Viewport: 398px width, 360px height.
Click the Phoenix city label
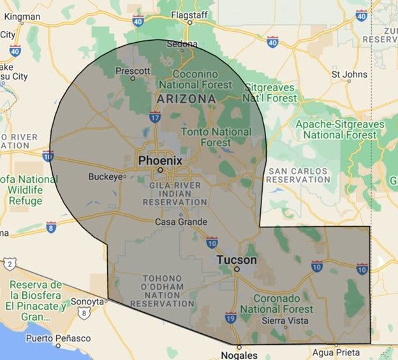pos(160,160)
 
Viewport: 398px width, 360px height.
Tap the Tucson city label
pos(237,260)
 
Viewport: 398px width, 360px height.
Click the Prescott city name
pos(133,70)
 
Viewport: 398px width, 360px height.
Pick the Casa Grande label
pos(181,222)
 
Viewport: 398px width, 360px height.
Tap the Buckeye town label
pos(104,176)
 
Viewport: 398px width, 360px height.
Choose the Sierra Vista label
pos(286,320)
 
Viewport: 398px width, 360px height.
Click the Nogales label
pos(239,355)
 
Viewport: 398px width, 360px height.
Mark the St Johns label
pos(350,75)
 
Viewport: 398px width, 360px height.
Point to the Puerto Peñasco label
pos(62,338)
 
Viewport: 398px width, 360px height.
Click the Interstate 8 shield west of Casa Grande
pos(51,226)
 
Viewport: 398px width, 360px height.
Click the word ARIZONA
pos(186,99)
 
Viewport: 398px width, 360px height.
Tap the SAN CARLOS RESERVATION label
pos(298,176)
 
